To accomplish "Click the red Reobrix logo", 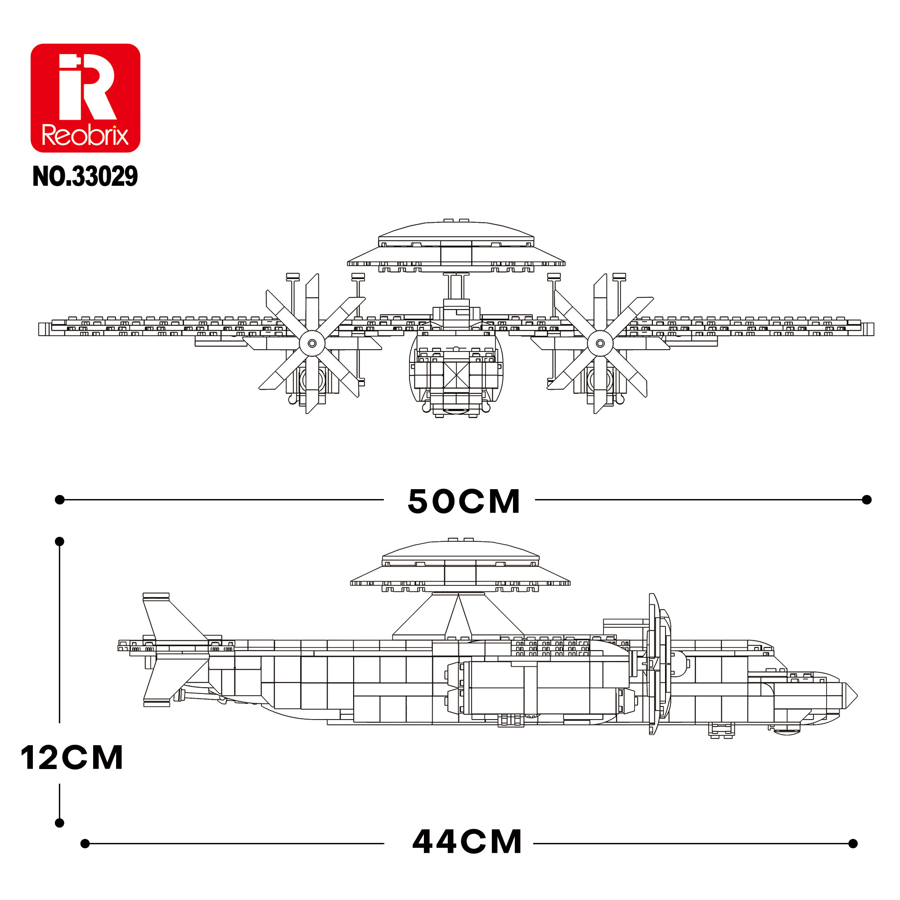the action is tap(85, 98).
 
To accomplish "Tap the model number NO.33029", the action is tap(85, 176).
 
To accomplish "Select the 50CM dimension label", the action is tap(463, 501).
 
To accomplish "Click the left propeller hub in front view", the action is tap(312, 343).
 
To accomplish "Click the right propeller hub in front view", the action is tap(600, 343).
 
